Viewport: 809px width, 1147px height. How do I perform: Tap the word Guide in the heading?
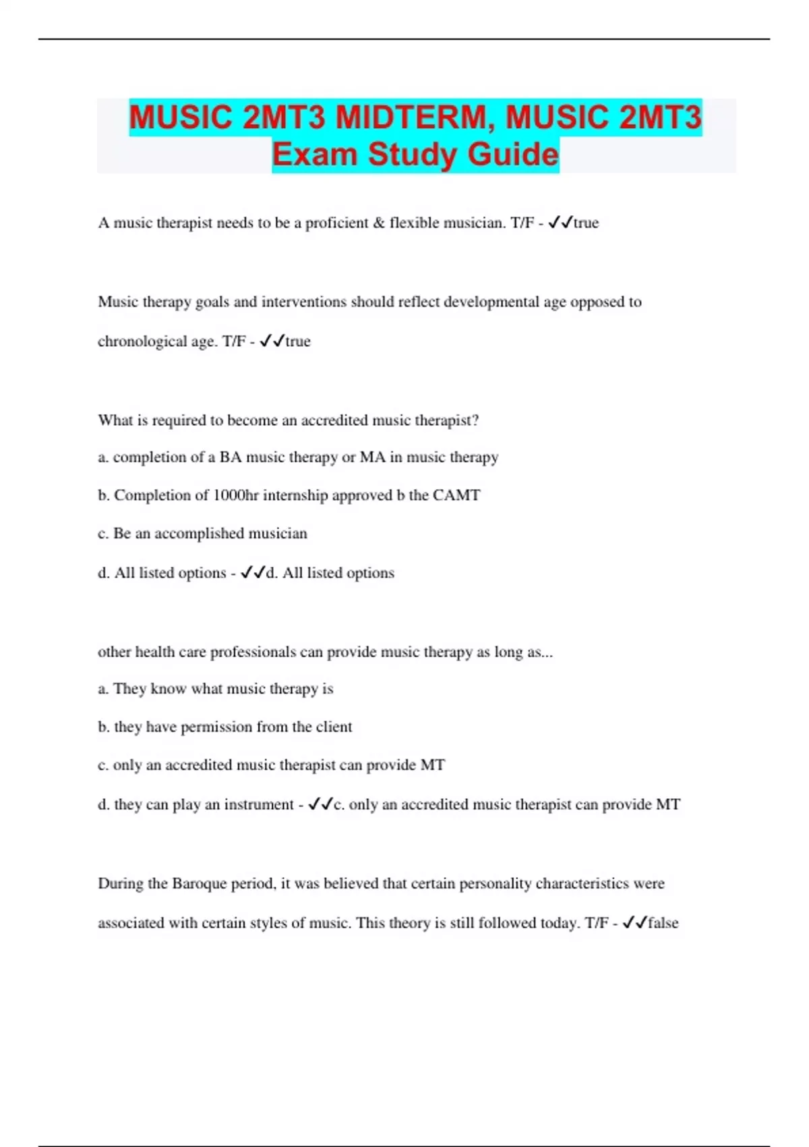[513, 154]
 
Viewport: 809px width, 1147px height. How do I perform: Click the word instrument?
[259, 804]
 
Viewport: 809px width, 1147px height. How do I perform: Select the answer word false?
[663, 922]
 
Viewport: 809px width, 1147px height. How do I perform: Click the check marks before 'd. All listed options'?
[253, 572]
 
